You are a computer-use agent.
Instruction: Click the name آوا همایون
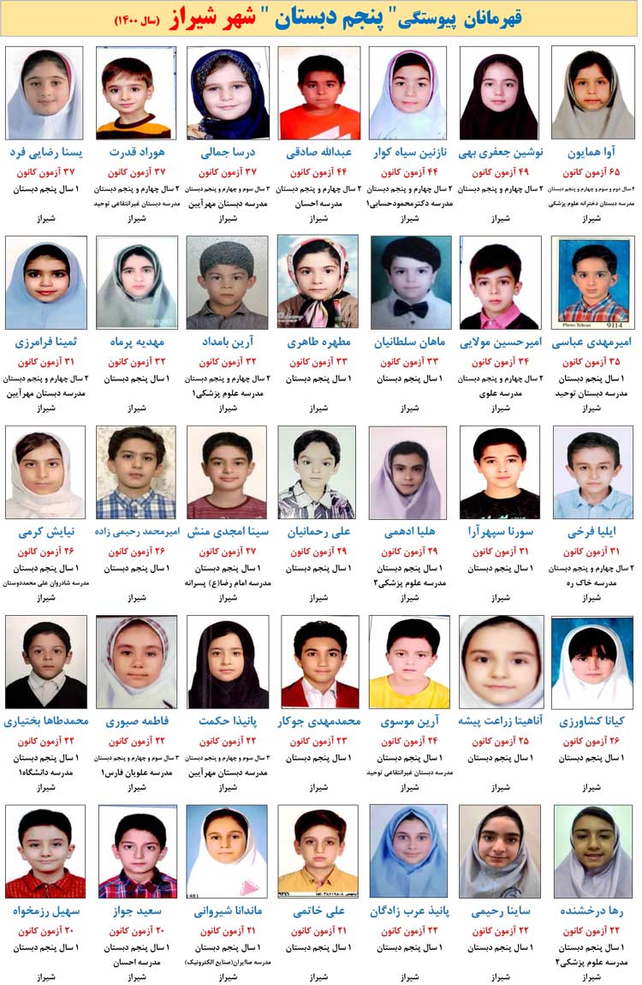click(x=592, y=153)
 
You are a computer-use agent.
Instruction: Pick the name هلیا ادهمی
click(x=409, y=532)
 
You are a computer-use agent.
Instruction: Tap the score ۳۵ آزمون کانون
click(x=592, y=361)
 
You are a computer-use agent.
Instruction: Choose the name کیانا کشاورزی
click(x=592, y=721)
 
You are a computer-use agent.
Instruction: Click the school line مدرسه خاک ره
click(x=592, y=582)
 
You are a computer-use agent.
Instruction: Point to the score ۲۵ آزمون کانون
click(x=500, y=741)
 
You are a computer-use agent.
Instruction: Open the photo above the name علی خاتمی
click(x=318, y=851)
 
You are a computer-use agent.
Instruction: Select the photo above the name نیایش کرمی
click(x=45, y=472)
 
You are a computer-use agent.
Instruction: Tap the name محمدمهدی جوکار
click(x=318, y=721)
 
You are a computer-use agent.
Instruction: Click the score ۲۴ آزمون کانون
click(x=409, y=741)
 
